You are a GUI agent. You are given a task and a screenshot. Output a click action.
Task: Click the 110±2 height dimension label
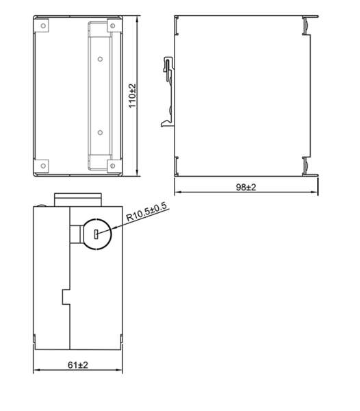click(133, 96)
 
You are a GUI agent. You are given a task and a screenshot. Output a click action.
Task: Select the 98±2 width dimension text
click(246, 187)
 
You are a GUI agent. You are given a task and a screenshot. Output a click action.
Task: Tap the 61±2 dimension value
click(79, 366)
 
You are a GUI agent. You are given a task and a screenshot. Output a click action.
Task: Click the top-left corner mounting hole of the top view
click(43, 26)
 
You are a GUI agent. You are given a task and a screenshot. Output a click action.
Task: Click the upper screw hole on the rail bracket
click(100, 60)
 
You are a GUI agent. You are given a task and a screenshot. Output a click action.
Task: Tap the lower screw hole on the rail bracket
click(100, 132)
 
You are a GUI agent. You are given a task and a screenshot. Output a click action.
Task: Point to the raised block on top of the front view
click(78, 199)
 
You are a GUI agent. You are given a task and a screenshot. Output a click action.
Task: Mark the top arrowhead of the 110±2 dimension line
click(139, 21)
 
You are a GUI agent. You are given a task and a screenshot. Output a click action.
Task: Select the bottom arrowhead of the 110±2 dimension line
click(139, 173)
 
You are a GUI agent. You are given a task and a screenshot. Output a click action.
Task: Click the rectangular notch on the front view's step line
click(66, 298)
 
